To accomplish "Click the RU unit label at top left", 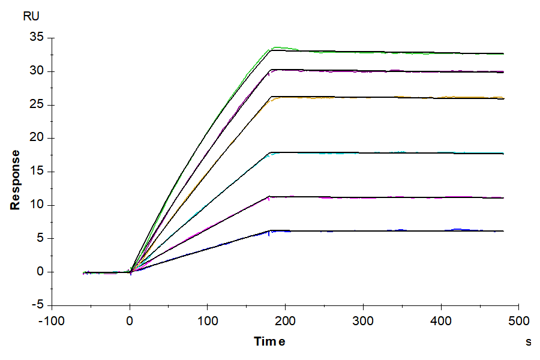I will [x=32, y=17].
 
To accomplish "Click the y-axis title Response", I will [x=16, y=179].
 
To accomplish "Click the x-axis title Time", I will [x=269, y=341].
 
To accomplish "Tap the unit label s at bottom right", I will [x=528, y=342].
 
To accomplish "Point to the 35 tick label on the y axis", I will [x=37, y=38].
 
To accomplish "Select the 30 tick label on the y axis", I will [x=37, y=71].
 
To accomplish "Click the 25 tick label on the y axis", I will [x=37, y=105].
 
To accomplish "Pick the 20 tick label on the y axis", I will [x=37, y=138].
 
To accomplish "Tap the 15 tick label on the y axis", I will [x=37, y=172].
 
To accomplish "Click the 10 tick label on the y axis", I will [x=37, y=205].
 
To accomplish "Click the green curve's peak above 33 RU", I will [x=277, y=47].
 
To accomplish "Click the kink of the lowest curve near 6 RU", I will [x=271, y=230].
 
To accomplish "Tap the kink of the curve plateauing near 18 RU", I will [x=271, y=152].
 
